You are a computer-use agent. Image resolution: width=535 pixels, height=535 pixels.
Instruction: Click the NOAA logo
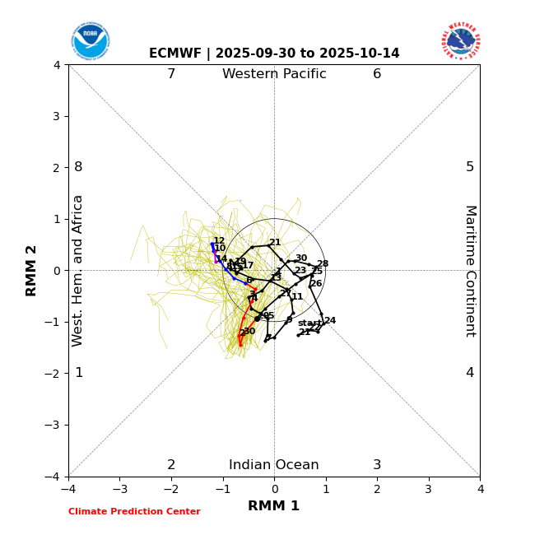(90, 41)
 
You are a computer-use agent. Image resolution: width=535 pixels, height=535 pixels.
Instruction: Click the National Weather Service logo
(461, 41)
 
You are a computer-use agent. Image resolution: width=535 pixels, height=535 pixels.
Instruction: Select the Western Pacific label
(274, 75)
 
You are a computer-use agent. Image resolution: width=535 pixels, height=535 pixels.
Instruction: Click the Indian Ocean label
(274, 465)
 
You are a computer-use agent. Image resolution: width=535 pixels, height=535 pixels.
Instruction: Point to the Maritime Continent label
(470, 271)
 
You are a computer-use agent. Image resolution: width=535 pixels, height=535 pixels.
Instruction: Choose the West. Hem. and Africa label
(78, 271)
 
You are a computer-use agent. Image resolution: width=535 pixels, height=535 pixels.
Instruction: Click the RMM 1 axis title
(274, 506)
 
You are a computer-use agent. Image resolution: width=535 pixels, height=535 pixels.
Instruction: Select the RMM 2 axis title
(32, 271)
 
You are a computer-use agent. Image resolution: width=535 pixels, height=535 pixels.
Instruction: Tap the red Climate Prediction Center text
(134, 512)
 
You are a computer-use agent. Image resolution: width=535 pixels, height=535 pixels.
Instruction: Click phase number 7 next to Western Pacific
(171, 75)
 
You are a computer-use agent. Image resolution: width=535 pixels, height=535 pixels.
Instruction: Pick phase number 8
(78, 167)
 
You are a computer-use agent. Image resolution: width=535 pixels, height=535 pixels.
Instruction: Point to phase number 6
(377, 75)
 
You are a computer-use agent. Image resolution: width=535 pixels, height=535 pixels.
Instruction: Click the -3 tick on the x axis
(120, 489)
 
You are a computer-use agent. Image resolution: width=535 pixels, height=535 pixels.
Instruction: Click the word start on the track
(309, 323)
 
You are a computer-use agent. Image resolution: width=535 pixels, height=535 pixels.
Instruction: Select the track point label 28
(323, 264)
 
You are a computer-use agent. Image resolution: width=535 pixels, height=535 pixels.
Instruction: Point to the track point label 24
(330, 321)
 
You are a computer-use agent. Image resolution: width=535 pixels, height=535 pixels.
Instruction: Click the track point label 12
(219, 241)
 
